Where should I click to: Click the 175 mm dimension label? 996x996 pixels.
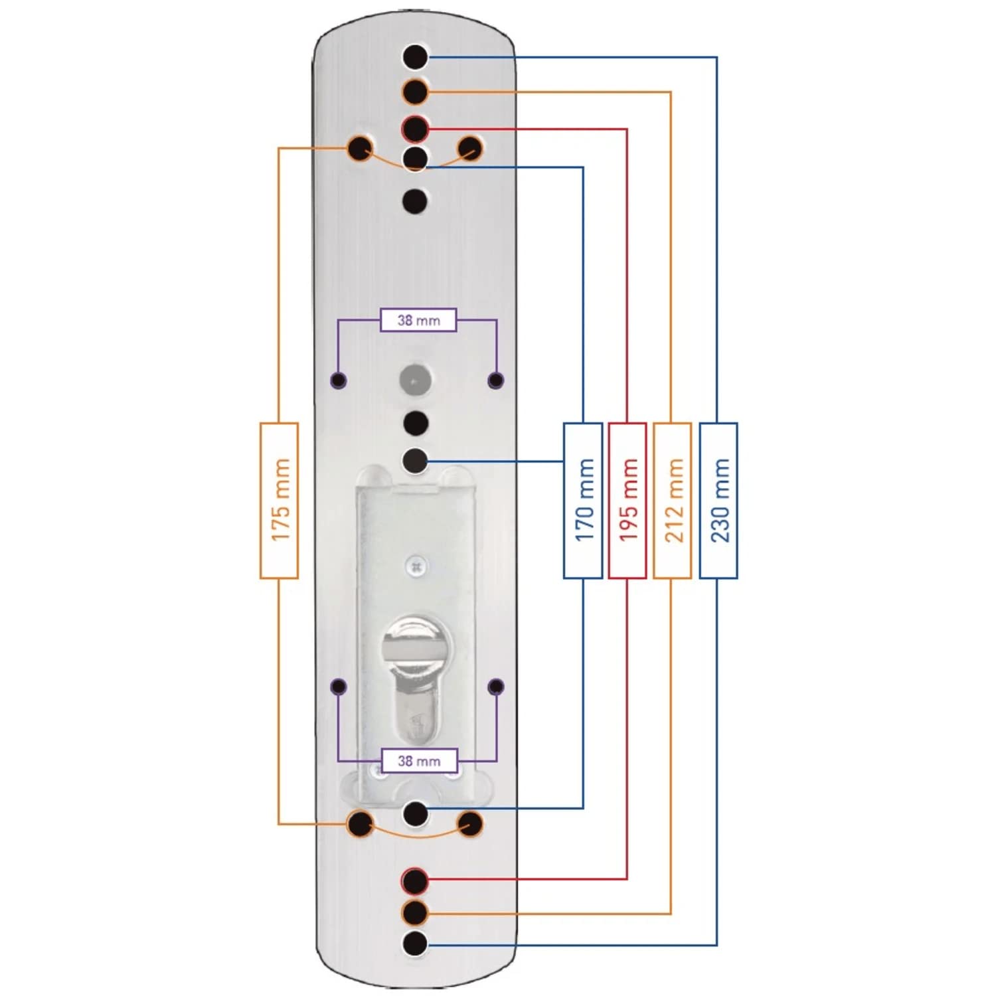pos(279,500)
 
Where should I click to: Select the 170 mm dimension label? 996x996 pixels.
pos(583,500)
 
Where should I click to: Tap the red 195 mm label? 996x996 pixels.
pos(627,500)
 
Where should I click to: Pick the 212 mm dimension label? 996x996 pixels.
pos(673,500)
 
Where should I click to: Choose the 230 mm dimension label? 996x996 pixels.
pos(718,500)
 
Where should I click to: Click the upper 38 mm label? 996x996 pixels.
pos(418,320)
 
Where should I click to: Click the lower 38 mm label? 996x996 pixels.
pos(419,761)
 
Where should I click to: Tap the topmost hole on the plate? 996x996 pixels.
pos(416,57)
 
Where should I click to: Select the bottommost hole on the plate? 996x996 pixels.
pos(416,943)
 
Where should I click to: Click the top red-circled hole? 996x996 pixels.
pos(416,128)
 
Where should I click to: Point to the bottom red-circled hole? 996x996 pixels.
pos(416,881)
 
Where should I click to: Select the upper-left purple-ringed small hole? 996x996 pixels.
pos(339,380)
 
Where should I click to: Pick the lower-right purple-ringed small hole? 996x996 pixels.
pos(496,687)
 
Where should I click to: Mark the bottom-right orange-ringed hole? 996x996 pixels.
pos(470,825)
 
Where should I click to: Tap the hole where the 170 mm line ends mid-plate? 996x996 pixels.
pos(416,460)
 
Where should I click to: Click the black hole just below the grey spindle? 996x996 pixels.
pos(416,423)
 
